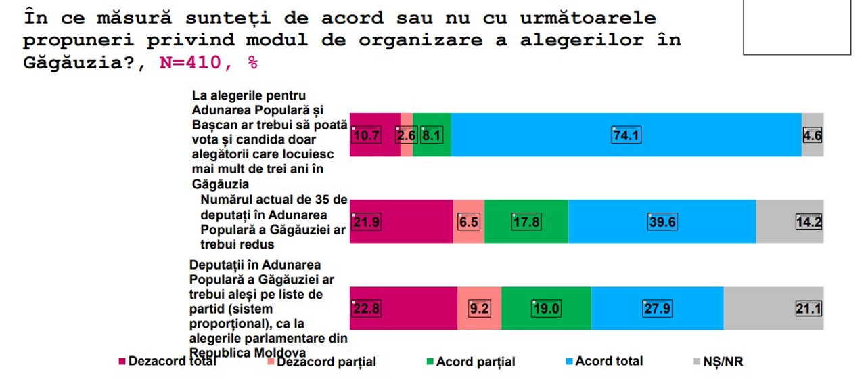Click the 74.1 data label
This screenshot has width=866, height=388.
pyautogui.click(x=626, y=135)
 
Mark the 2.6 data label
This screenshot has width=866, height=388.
pyautogui.click(x=407, y=135)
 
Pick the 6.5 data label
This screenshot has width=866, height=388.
pyautogui.click(x=469, y=221)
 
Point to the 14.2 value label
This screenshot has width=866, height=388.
pyautogui.click(x=808, y=221)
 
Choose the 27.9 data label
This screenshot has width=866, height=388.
pyautogui.click(x=657, y=308)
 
